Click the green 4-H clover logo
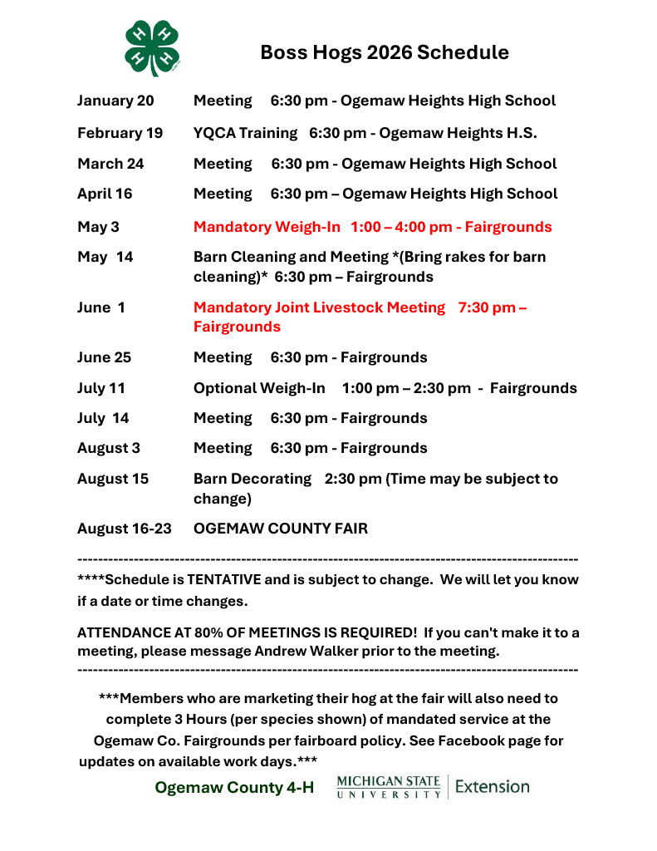click(153, 47)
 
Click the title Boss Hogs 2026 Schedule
click(385, 53)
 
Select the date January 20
click(115, 101)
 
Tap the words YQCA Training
click(245, 133)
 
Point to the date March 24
click(110, 164)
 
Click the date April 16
click(105, 194)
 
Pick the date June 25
click(104, 358)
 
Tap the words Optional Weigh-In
click(259, 388)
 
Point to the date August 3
click(108, 448)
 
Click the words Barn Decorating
click(253, 479)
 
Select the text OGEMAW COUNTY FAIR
click(281, 529)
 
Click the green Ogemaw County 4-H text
click(234, 788)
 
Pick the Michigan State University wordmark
click(389, 787)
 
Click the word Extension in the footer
click(493, 786)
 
